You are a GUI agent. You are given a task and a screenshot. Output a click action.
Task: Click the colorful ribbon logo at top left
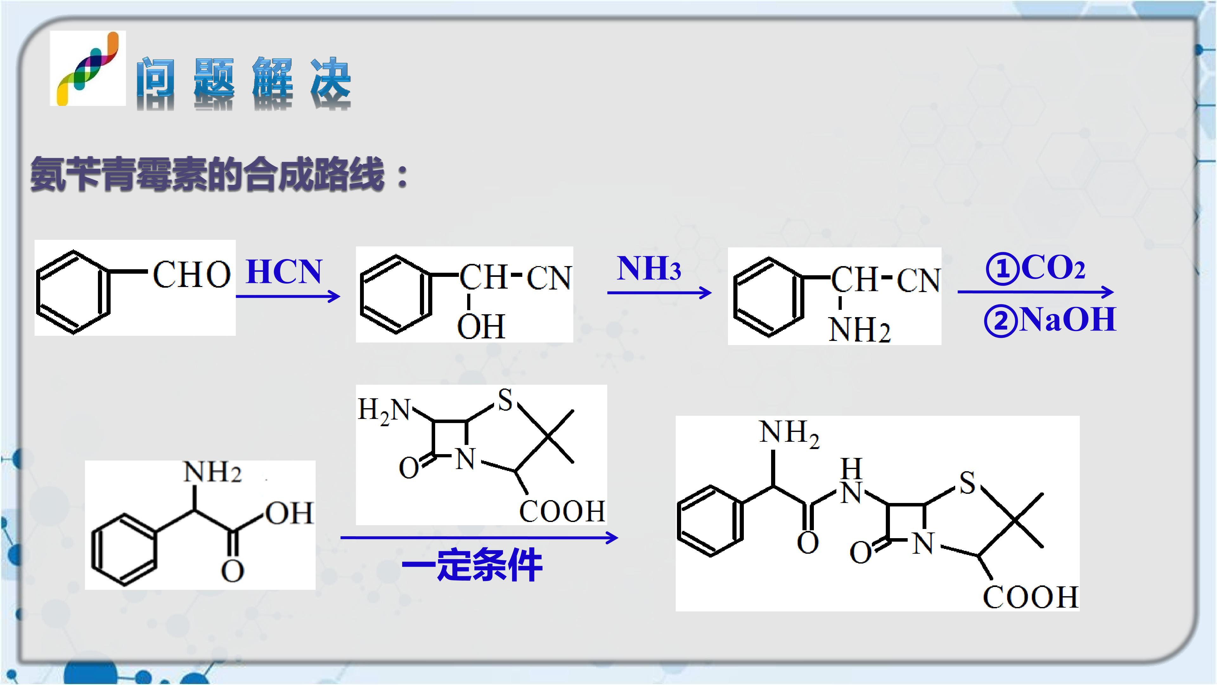(x=88, y=68)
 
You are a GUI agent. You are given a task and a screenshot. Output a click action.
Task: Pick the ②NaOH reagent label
(x=1050, y=320)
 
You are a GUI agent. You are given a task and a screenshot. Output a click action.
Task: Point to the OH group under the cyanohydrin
(x=481, y=326)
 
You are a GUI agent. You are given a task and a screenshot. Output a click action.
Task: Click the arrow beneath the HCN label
(x=288, y=297)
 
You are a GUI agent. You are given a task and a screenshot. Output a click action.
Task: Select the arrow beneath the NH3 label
(x=660, y=293)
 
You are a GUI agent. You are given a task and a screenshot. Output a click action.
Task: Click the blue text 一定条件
(x=472, y=565)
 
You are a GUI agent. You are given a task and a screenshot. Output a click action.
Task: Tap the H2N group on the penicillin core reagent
(x=384, y=409)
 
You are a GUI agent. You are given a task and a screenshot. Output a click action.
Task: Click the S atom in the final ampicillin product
(x=967, y=483)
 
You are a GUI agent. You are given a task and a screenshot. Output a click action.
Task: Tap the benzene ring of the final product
(x=710, y=520)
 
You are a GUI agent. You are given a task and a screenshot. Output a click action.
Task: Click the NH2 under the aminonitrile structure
(x=860, y=329)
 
